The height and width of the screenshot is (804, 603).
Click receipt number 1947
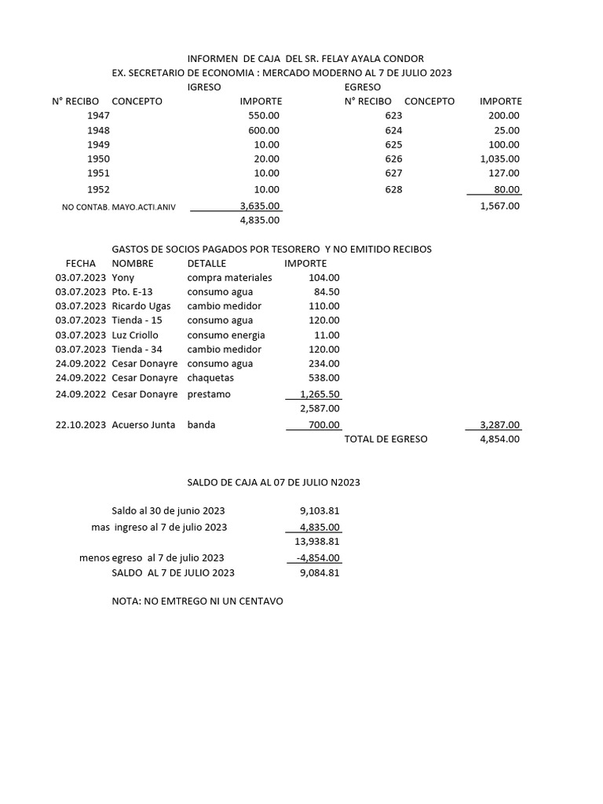(x=99, y=115)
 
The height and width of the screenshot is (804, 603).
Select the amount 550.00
(x=263, y=115)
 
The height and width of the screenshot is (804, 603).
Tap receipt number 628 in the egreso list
(x=393, y=189)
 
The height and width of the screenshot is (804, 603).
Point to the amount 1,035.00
(x=499, y=159)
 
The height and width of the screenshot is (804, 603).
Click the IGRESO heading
(x=203, y=87)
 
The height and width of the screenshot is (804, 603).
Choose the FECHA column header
(x=81, y=264)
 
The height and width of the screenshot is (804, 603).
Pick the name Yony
(x=123, y=278)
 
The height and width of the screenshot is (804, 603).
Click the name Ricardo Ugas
(x=141, y=306)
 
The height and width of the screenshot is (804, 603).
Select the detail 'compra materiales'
(x=229, y=278)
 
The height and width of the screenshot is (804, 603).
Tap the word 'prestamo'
(x=209, y=394)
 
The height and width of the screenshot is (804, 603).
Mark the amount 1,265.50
(x=320, y=394)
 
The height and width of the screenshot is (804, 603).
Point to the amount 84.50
(x=326, y=292)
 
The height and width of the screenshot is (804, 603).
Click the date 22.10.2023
(x=81, y=425)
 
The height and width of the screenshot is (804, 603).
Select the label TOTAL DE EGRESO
(x=386, y=439)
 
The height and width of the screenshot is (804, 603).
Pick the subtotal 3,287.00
(x=499, y=425)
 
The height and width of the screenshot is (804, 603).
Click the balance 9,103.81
(x=316, y=510)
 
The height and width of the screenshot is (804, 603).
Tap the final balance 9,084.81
(x=319, y=572)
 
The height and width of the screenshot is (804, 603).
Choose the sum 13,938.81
(x=316, y=542)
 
